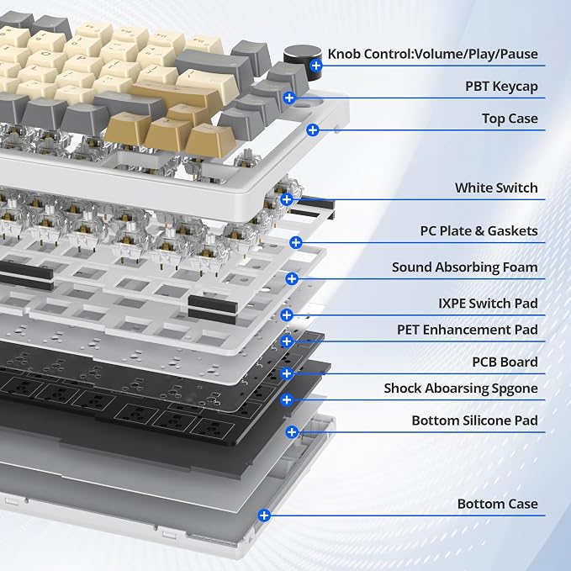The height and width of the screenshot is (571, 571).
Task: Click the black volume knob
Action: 302,62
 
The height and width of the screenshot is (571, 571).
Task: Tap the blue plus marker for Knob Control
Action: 316,66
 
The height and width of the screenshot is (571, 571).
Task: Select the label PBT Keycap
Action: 501,87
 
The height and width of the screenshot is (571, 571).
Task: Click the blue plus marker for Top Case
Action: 313,130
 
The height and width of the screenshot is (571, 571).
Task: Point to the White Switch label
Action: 496,188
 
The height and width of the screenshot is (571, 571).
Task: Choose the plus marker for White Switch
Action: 287,199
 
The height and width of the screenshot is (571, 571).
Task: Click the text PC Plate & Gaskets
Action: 478,231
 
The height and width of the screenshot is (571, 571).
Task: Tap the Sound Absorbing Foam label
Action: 465,267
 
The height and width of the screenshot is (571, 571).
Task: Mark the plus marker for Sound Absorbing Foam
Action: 292,279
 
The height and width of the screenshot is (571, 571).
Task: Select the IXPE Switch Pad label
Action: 488,304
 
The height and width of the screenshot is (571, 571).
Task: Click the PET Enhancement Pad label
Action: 468,330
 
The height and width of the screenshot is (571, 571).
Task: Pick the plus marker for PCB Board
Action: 287,373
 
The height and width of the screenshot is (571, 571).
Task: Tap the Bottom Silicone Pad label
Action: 475,420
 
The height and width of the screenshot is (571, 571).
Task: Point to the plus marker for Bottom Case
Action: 264,515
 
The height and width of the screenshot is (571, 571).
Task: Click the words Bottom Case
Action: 498,504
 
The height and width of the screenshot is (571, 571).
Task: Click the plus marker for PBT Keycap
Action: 289,98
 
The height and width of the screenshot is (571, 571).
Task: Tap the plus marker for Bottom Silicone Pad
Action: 292,432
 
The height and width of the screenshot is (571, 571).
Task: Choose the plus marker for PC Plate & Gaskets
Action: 296,242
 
